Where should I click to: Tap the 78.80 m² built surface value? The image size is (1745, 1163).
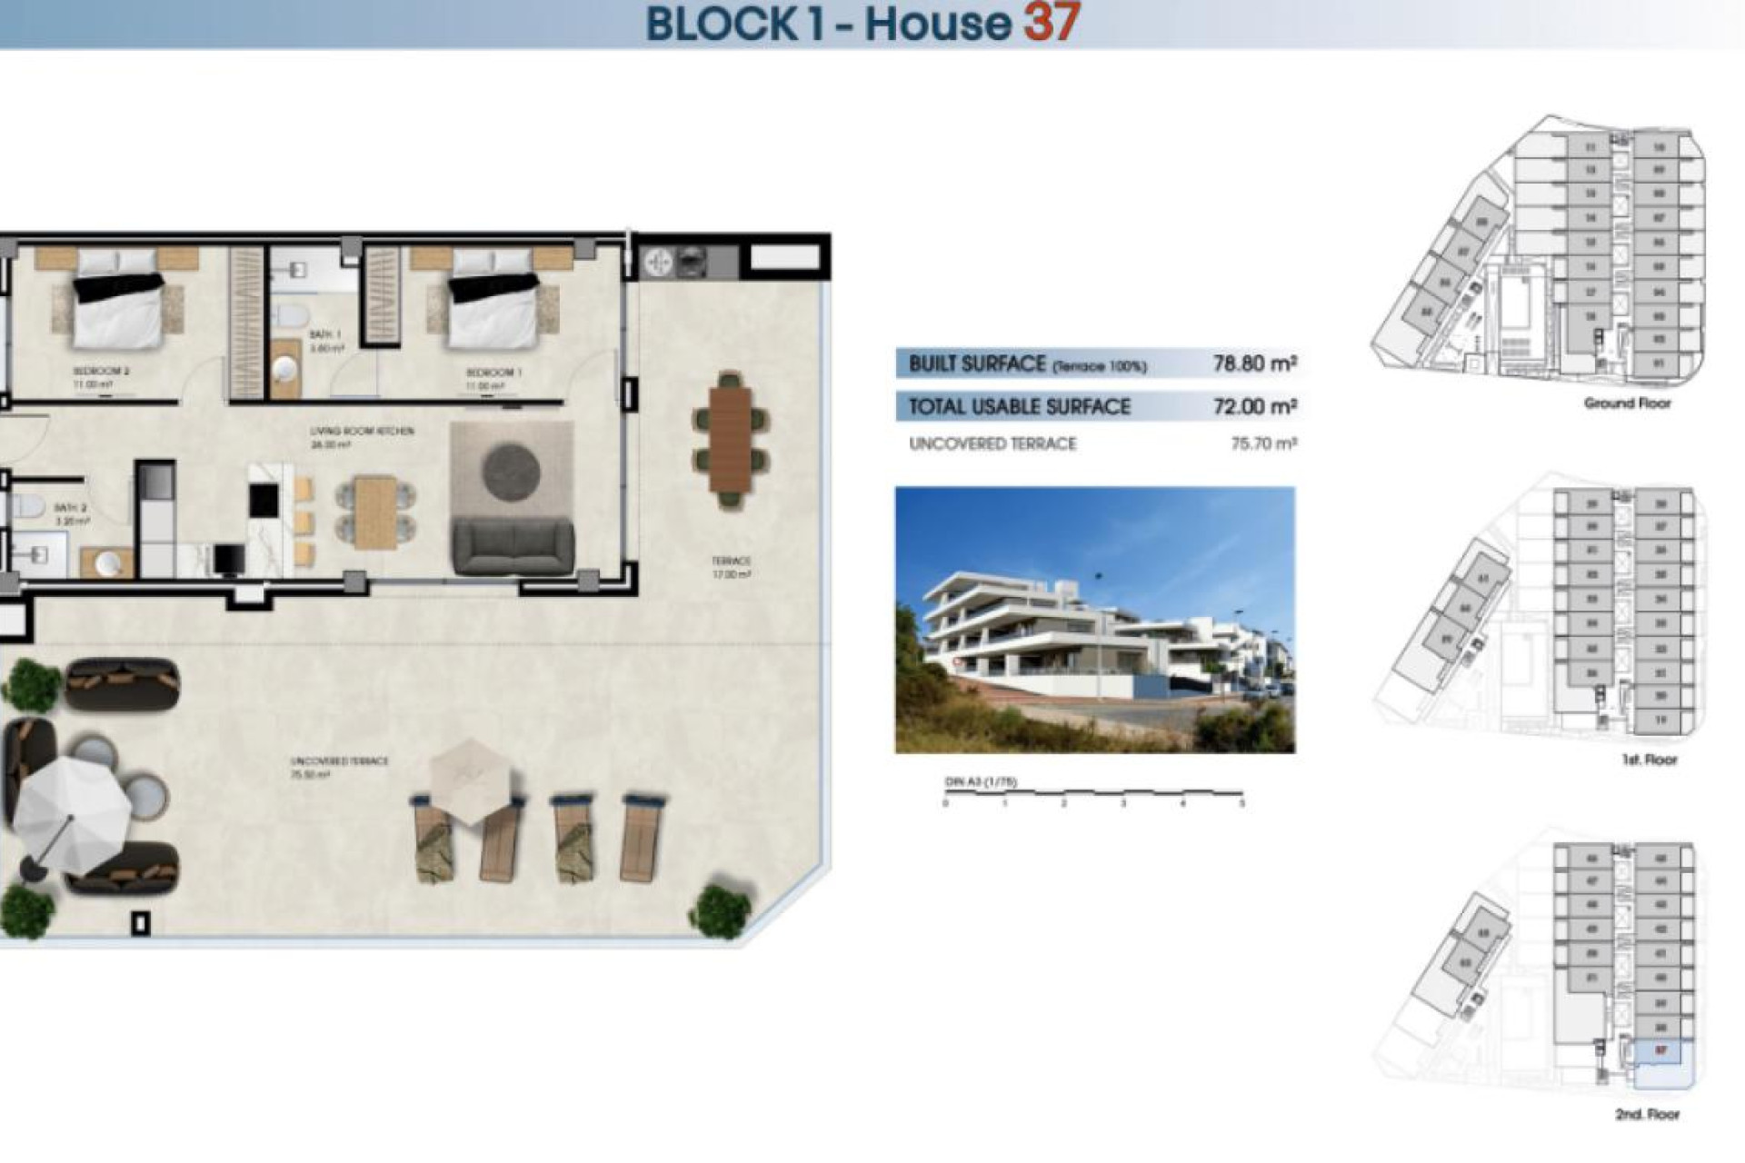[x=1254, y=363]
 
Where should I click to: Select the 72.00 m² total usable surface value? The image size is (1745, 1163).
[x=1254, y=406]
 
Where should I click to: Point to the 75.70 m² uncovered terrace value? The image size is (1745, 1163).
[x=1263, y=443]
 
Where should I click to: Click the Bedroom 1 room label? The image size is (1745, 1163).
[x=494, y=373]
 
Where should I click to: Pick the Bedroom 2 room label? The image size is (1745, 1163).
[x=101, y=371]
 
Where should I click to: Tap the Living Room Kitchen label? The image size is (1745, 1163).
[x=362, y=431]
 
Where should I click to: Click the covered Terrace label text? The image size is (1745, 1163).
[x=731, y=562]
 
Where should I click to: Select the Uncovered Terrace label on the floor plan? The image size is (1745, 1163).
[x=339, y=761]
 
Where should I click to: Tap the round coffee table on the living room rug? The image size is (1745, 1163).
[x=511, y=471]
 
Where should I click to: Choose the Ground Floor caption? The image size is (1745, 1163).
[x=1627, y=403]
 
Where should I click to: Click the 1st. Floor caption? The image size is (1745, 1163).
[x=1649, y=759]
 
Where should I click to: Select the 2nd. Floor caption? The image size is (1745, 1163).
[x=1647, y=1114]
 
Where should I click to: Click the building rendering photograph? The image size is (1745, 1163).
[x=1094, y=620]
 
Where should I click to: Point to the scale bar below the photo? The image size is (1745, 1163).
[x=1093, y=794]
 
